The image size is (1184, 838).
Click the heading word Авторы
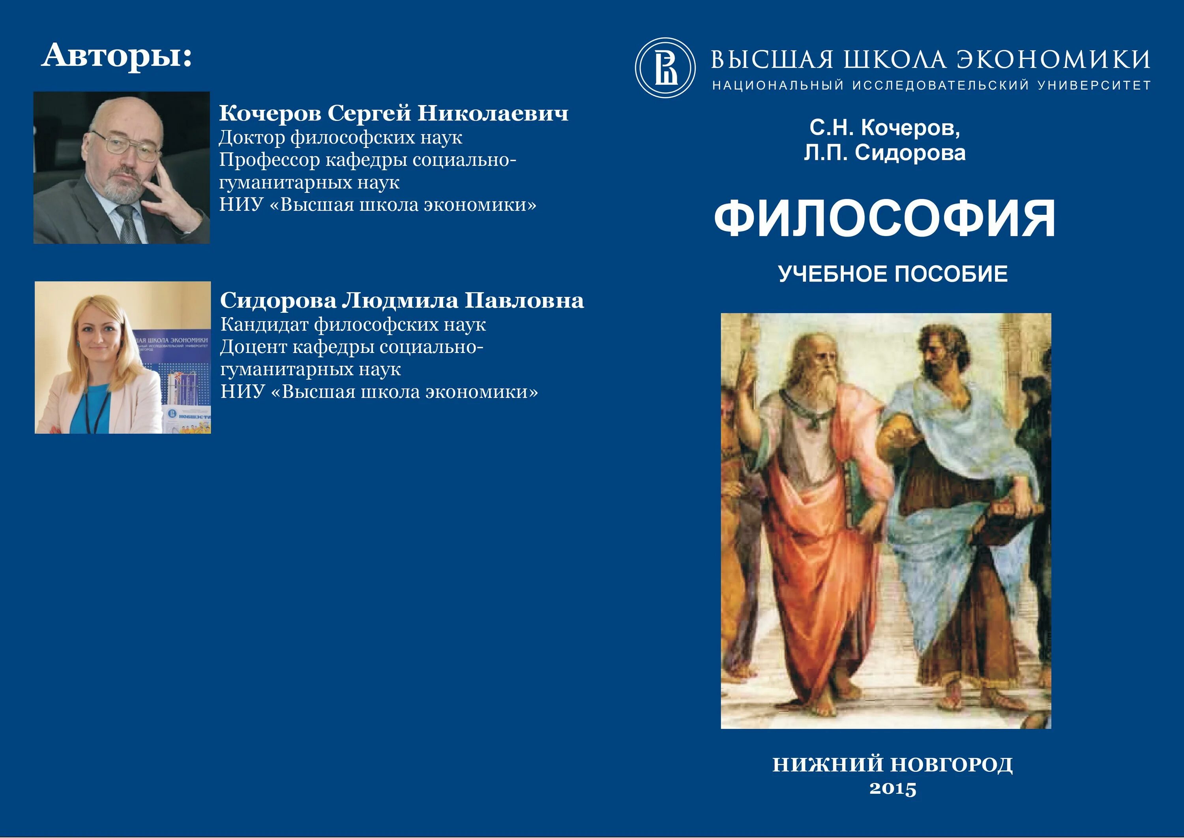(116, 56)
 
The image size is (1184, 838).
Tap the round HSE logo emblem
(665, 68)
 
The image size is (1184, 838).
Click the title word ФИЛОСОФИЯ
(885, 219)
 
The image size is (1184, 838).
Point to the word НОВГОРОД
(952, 765)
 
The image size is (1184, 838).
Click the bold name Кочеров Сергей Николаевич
(393, 113)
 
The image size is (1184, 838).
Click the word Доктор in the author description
(252, 137)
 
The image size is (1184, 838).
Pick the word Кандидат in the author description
(264, 325)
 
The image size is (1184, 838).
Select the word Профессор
(269, 160)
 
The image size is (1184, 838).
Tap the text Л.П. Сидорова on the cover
(884, 153)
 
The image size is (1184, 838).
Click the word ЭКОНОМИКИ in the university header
(1053, 60)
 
